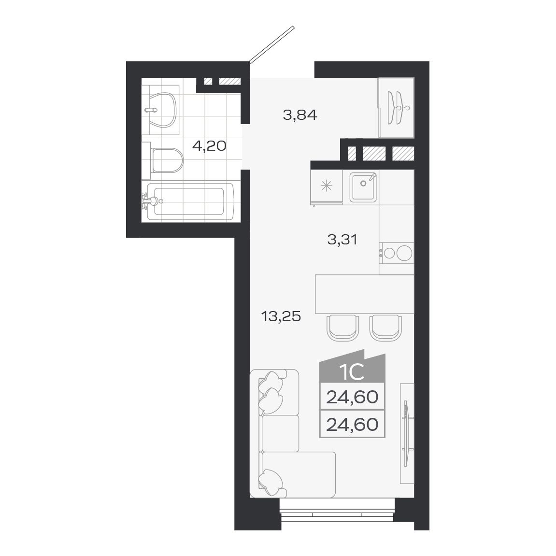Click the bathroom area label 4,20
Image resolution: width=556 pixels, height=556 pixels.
[209, 145]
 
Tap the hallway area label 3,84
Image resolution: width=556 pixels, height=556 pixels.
[300, 115]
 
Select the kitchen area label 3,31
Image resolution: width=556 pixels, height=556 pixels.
[342, 239]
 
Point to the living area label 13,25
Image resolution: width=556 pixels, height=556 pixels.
[281, 316]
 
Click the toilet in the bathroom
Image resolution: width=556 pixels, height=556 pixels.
[167, 159]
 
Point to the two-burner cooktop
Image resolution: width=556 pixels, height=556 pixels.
[397, 253]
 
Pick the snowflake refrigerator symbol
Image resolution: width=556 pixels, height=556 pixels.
[327, 186]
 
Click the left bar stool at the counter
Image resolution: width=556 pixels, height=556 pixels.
[342, 328]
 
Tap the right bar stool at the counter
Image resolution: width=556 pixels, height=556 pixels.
[385, 328]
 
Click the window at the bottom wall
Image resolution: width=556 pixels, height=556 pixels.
[337, 513]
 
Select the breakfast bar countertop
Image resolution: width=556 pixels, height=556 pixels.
[364, 294]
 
